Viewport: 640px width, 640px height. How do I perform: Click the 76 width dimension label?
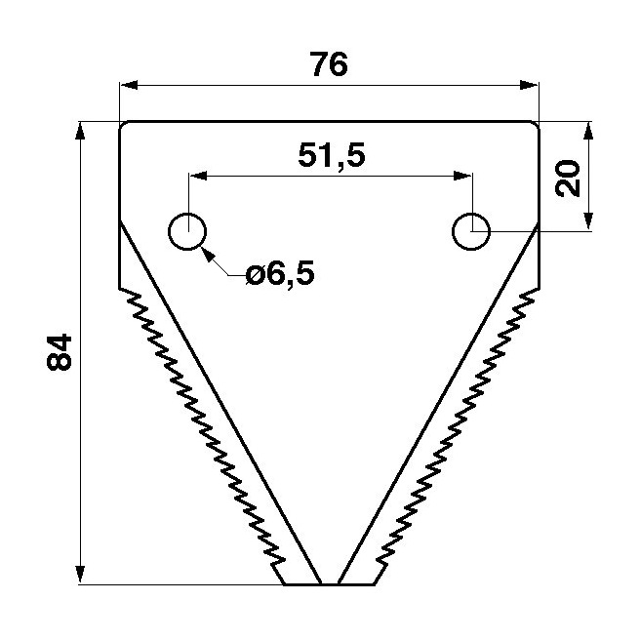pyautogui.click(x=330, y=64)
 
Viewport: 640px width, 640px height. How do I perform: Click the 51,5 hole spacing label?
pyautogui.click(x=332, y=155)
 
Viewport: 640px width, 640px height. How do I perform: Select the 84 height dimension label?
pyautogui.click(x=60, y=352)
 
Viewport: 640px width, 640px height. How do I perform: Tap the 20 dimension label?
pyautogui.click(x=568, y=179)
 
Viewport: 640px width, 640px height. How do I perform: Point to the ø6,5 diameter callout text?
pyautogui.click(x=280, y=274)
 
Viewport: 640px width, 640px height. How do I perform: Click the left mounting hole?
pyautogui.click(x=187, y=231)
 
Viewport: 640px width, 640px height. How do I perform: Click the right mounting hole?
pyautogui.click(x=471, y=231)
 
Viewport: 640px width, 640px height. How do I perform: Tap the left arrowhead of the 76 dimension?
pyautogui.click(x=128, y=85)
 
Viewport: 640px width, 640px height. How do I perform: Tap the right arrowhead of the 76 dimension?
pyautogui.click(x=530, y=85)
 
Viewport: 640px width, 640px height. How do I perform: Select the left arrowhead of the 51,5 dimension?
pyautogui.click(x=198, y=176)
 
